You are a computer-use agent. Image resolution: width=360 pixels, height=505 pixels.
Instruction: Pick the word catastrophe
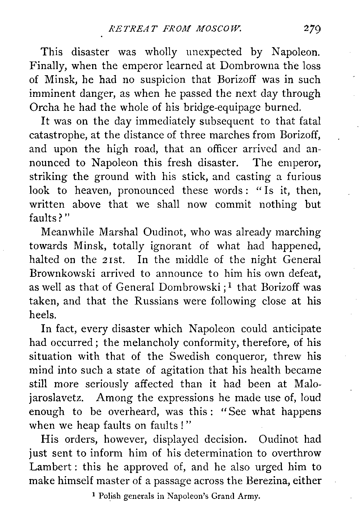[60, 135]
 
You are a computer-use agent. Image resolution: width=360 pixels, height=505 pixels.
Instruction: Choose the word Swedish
[186, 357]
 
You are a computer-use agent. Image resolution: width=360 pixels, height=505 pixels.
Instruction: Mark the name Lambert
[52, 467]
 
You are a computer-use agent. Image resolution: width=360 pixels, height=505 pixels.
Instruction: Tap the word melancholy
[134, 343]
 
